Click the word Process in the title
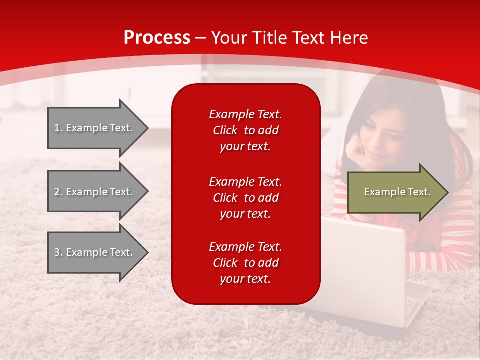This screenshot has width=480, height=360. (x=157, y=38)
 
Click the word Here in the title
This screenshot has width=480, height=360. (x=349, y=37)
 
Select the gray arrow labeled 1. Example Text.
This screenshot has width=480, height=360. (x=98, y=128)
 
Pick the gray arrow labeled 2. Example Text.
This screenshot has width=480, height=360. (x=98, y=191)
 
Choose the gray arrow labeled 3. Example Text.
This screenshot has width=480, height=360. (x=98, y=252)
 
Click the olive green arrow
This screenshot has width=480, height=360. (x=398, y=192)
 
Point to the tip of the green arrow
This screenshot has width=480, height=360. (x=449, y=192)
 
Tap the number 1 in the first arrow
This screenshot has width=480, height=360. (x=56, y=128)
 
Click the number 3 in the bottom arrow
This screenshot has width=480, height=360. (x=57, y=252)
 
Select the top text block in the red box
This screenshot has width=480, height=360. (x=245, y=130)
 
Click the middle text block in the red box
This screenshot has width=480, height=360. (x=245, y=198)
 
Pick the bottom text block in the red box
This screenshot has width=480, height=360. (x=245, y=262)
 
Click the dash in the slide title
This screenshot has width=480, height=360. (x=201, y=39)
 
